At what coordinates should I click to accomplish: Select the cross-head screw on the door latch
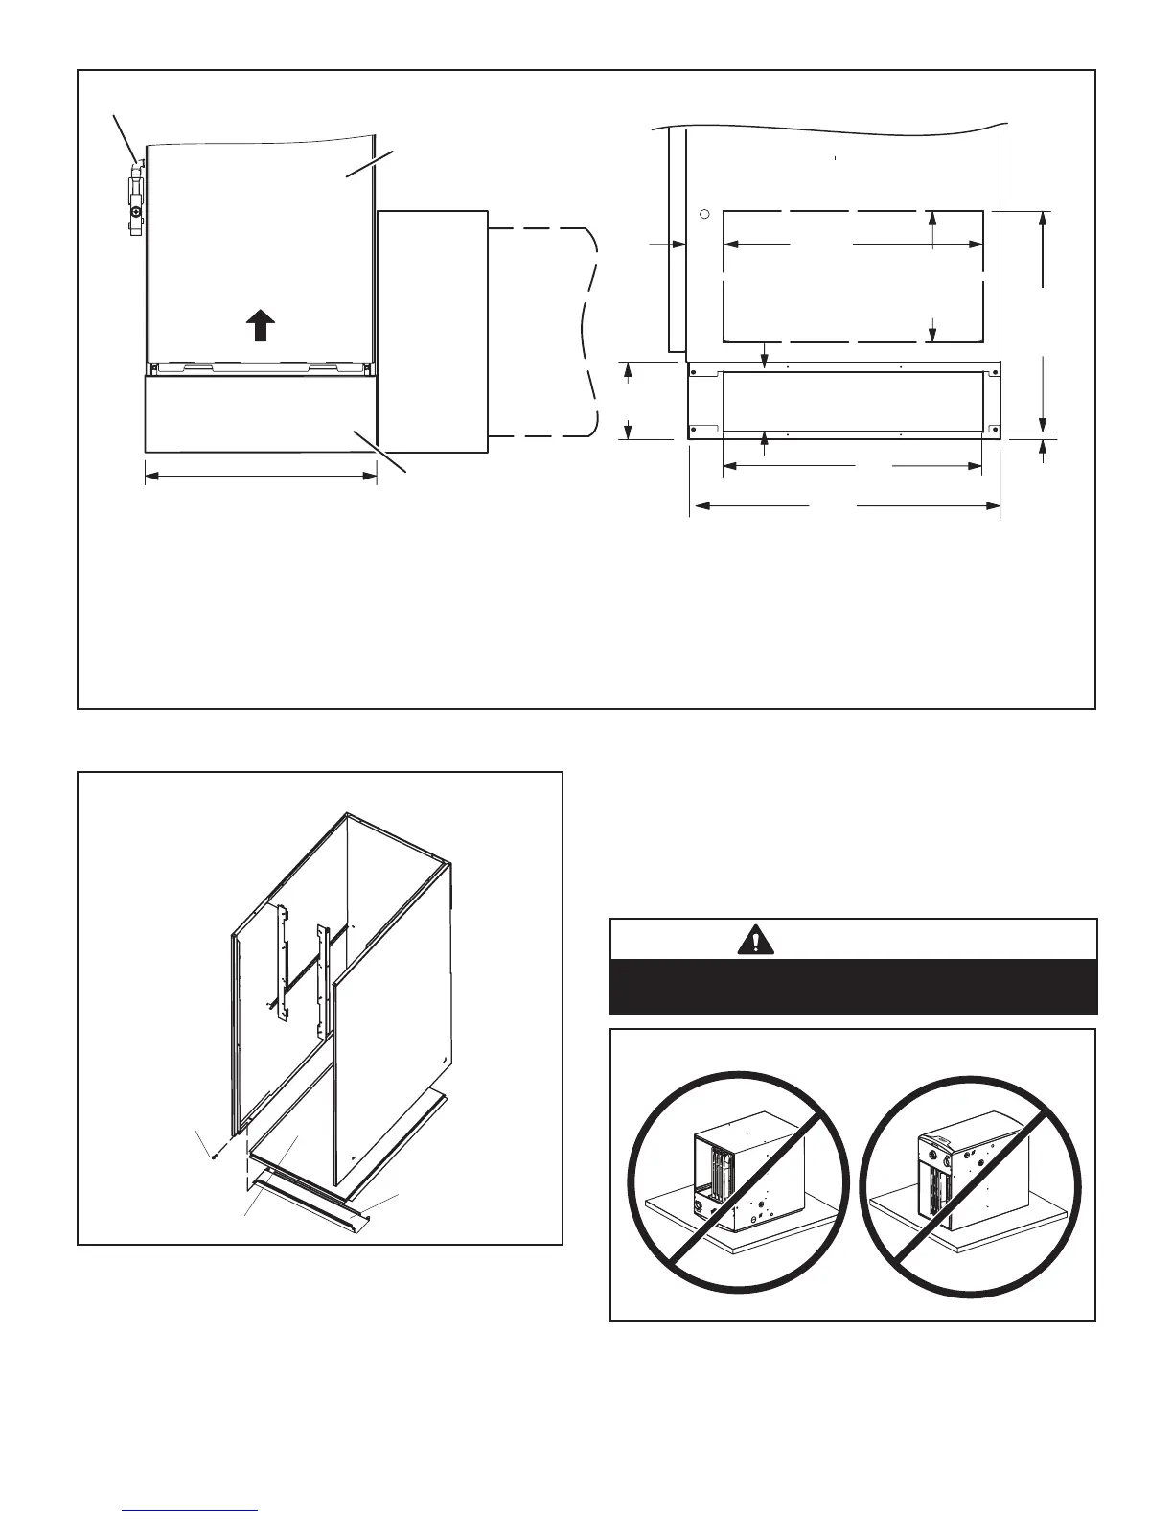tap(137, 211)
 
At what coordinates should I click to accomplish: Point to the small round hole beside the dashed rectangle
tap(703, 214)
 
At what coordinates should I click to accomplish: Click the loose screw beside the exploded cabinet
tap(215, 1156)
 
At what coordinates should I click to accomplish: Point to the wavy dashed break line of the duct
tap(588, 331)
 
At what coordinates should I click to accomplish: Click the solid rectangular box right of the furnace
tap(432, 330)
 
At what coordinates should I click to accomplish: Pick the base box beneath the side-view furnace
tap(261, 412)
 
